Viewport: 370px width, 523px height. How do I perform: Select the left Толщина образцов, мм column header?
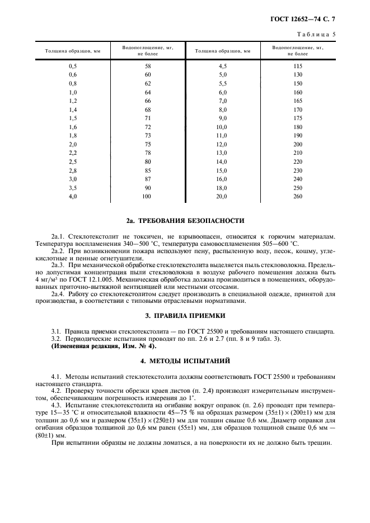(72, 51)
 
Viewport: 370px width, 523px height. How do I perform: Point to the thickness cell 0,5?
(72, 66)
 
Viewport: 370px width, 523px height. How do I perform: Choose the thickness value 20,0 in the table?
(222, 196)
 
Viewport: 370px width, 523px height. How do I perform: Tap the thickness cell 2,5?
(72, 161)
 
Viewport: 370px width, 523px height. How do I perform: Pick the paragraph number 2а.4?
(59, 294)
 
